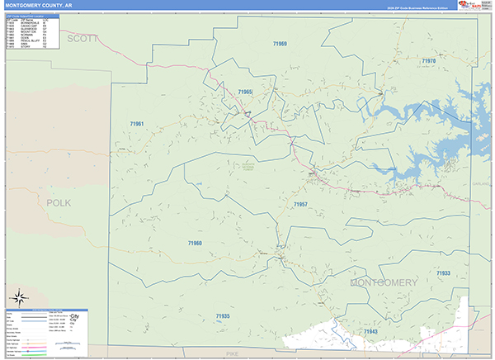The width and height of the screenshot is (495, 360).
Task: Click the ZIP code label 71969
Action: pos(280,43)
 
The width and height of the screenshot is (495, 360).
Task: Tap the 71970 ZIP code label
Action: pos(427,61)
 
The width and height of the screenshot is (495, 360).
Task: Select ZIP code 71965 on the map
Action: pos(245,92)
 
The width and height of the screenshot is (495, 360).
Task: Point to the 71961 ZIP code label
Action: pos(137,124)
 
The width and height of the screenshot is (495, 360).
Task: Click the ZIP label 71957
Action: pos(300,203)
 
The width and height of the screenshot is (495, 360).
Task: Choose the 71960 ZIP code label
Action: pos(195,243)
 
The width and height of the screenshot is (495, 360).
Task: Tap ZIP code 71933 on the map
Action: pos(444,273)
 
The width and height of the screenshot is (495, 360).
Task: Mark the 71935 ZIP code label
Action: pos(223,316)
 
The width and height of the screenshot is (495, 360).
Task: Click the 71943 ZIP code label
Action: pos(370,331)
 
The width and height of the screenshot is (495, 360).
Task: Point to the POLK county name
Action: pos(59,202)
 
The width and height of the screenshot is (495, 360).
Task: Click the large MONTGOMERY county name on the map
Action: pos(384,283)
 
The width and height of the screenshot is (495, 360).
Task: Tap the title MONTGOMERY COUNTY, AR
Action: pos(36,5)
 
